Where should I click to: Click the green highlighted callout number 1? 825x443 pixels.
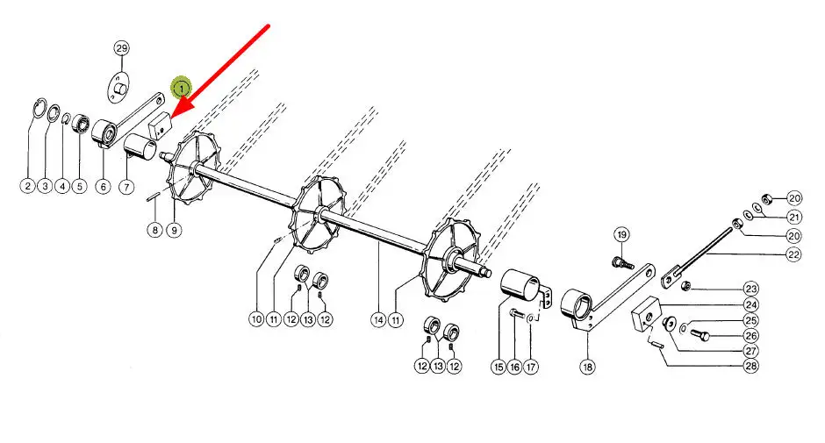(x=182, y=88)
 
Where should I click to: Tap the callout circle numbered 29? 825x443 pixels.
(x=121, y=48)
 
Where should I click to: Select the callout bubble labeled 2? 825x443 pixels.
(x=27, y=186)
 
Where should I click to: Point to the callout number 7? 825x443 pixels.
(x=126, y=187)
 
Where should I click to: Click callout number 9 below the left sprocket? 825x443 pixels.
(x=174, y=230)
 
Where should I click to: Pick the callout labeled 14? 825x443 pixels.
(x=378, y=319)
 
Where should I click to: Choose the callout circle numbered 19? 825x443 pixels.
(x=622, y=234)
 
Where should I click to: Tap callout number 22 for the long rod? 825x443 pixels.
(x=793, y=254)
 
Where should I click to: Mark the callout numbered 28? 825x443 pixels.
(x=750, y=366)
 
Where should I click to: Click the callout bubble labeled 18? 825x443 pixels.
(x=587, y=367)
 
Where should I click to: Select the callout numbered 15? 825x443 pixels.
(x=499, y=367)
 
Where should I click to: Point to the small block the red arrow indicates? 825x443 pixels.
(x=161, y=125)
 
